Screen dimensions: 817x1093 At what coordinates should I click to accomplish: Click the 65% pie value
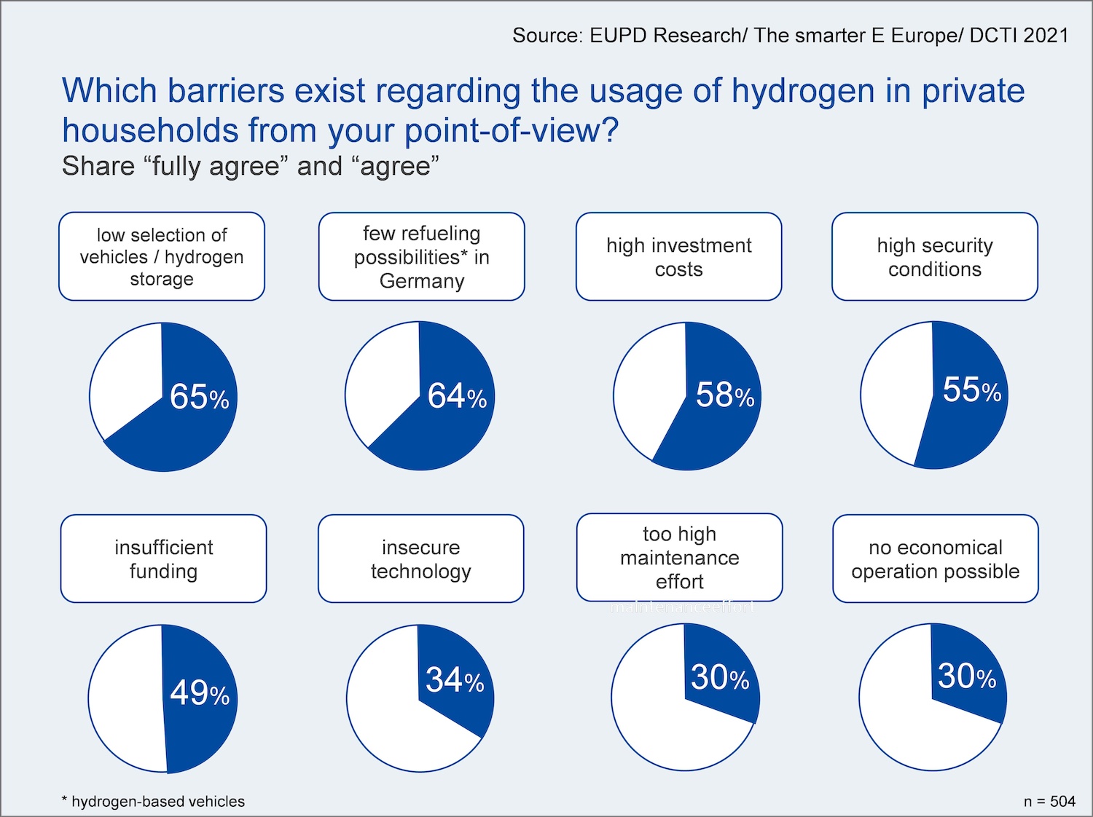pyautogui.click(x=199, y=397)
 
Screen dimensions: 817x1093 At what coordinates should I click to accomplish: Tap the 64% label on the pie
pyautogui.click(x=456, y=396)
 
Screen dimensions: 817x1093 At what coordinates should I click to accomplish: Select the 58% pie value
pyautogui.click(x=724, y=395)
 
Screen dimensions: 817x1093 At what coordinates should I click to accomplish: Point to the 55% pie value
pyautogui.click(x=971, y=390)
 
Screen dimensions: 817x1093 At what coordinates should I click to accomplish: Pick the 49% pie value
pyautogui.click(x=199, y=692)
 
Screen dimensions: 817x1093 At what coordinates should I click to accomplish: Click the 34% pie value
pyautogui.click(x=455, y=679)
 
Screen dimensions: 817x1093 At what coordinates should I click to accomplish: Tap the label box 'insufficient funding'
pyautogui.click(x=163, y=559)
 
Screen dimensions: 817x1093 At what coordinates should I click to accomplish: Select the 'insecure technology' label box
pyautogui.click(x=420, y=559)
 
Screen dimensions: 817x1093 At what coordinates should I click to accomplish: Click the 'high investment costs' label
pyautogui.click(x=678, y=256)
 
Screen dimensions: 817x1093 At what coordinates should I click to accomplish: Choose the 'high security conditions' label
pyautogui.click(x=934, y=256)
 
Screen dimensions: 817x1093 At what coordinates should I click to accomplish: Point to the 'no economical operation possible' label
pyautogui.click(x=935, y=559)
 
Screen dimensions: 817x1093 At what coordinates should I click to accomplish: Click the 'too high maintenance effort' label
pyautogui.click(x=679, y=558)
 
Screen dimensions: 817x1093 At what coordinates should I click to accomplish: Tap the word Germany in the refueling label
pyautogui.click(x=422, y=281)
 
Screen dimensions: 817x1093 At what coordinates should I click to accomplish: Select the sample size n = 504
pyautogui.click(x=1049, y=801)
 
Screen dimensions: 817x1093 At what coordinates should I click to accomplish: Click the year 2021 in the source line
pyautogui.click(x=1045, y=35)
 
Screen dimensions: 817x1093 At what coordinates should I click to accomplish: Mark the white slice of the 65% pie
pyautogui.click(x=124, y=379)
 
